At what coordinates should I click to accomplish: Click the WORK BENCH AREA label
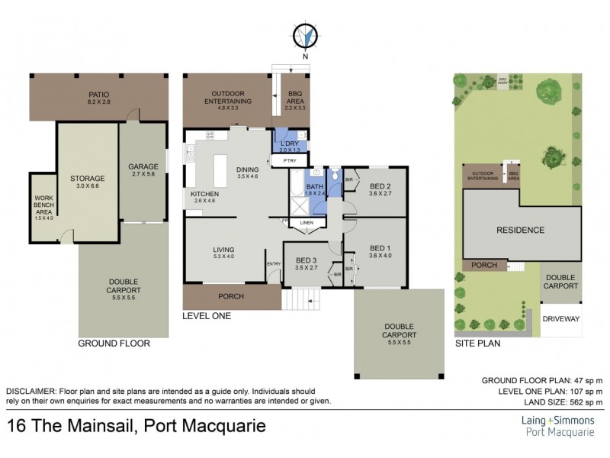(43, 206)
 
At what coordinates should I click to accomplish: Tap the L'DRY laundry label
(289, 146)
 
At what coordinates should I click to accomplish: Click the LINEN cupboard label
(306, 223)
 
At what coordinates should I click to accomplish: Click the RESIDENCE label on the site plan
(520, 230)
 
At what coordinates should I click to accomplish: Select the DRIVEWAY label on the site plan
(560, 318)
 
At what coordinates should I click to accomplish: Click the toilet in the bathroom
(335, 175)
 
